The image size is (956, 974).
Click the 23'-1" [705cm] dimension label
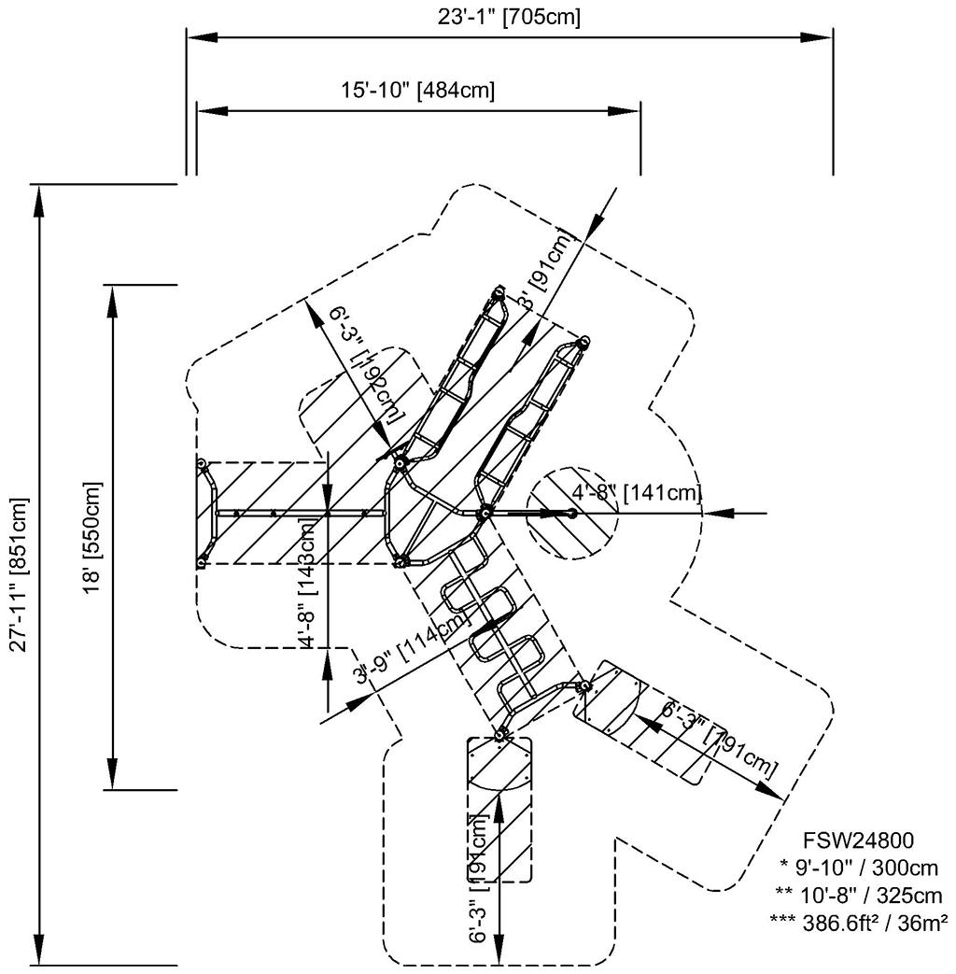click(510, 17)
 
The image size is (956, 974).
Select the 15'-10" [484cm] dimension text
click(417, 91)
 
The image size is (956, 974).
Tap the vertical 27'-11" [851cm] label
click(20, 575)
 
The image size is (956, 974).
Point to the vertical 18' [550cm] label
click(94, 537)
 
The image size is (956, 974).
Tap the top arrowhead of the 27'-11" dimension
click(38, 198)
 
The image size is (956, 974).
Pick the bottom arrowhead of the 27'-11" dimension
click(38, 952)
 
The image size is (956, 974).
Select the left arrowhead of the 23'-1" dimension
click(200, 37)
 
